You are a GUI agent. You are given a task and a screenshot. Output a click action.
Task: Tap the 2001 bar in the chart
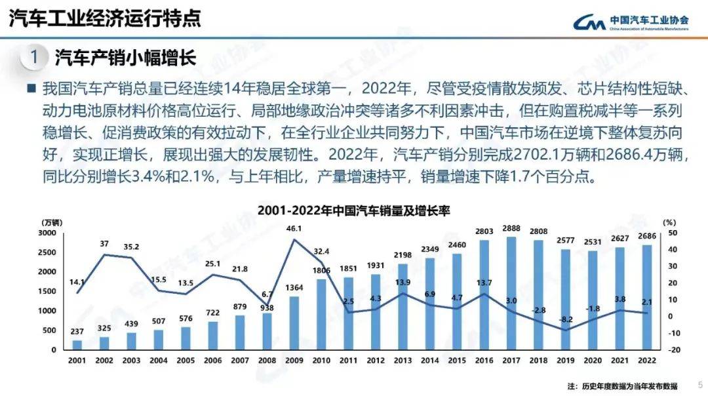tap(77, 345)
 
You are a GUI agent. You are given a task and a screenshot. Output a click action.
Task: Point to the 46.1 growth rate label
tap(294, 229)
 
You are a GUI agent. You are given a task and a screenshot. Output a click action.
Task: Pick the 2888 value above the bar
tap(511, 228)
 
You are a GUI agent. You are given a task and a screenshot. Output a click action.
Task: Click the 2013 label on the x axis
tap(403, 361)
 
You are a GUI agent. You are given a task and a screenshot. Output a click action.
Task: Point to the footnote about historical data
tap(622, 386)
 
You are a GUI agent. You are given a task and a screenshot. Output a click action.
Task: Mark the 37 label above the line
tap(104, 244)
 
